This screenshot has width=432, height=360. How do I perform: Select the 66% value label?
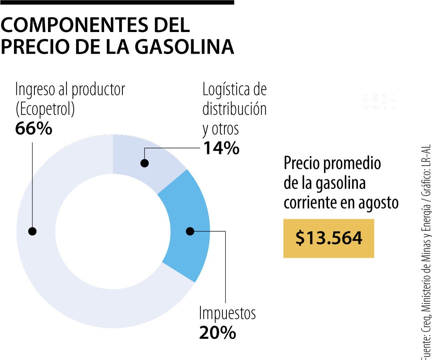pyautogui.click(x=34, y=129)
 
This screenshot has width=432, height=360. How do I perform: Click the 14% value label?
pyautogui.click(x=221, y=148)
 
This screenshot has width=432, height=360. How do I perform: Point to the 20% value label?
pyautogui.click(x=217, y=333)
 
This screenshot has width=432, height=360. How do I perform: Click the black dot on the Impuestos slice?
pyautogui.click(x=190, y=231)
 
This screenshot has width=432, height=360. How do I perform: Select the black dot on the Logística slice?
pyautogui.click(x=145, y=163)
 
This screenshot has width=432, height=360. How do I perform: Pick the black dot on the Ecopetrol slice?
pyautogui.click(x=32, y=231)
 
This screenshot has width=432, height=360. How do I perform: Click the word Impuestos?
pyautogui.click(x=227, y=313)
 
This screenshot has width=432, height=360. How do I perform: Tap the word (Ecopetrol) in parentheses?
pyautogui.click(x=45, y=109)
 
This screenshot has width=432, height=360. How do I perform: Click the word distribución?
pyautogui.click(x=234, y=109)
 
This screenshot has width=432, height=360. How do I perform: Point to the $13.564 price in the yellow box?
pyautogui.click(x=328, y=238)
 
